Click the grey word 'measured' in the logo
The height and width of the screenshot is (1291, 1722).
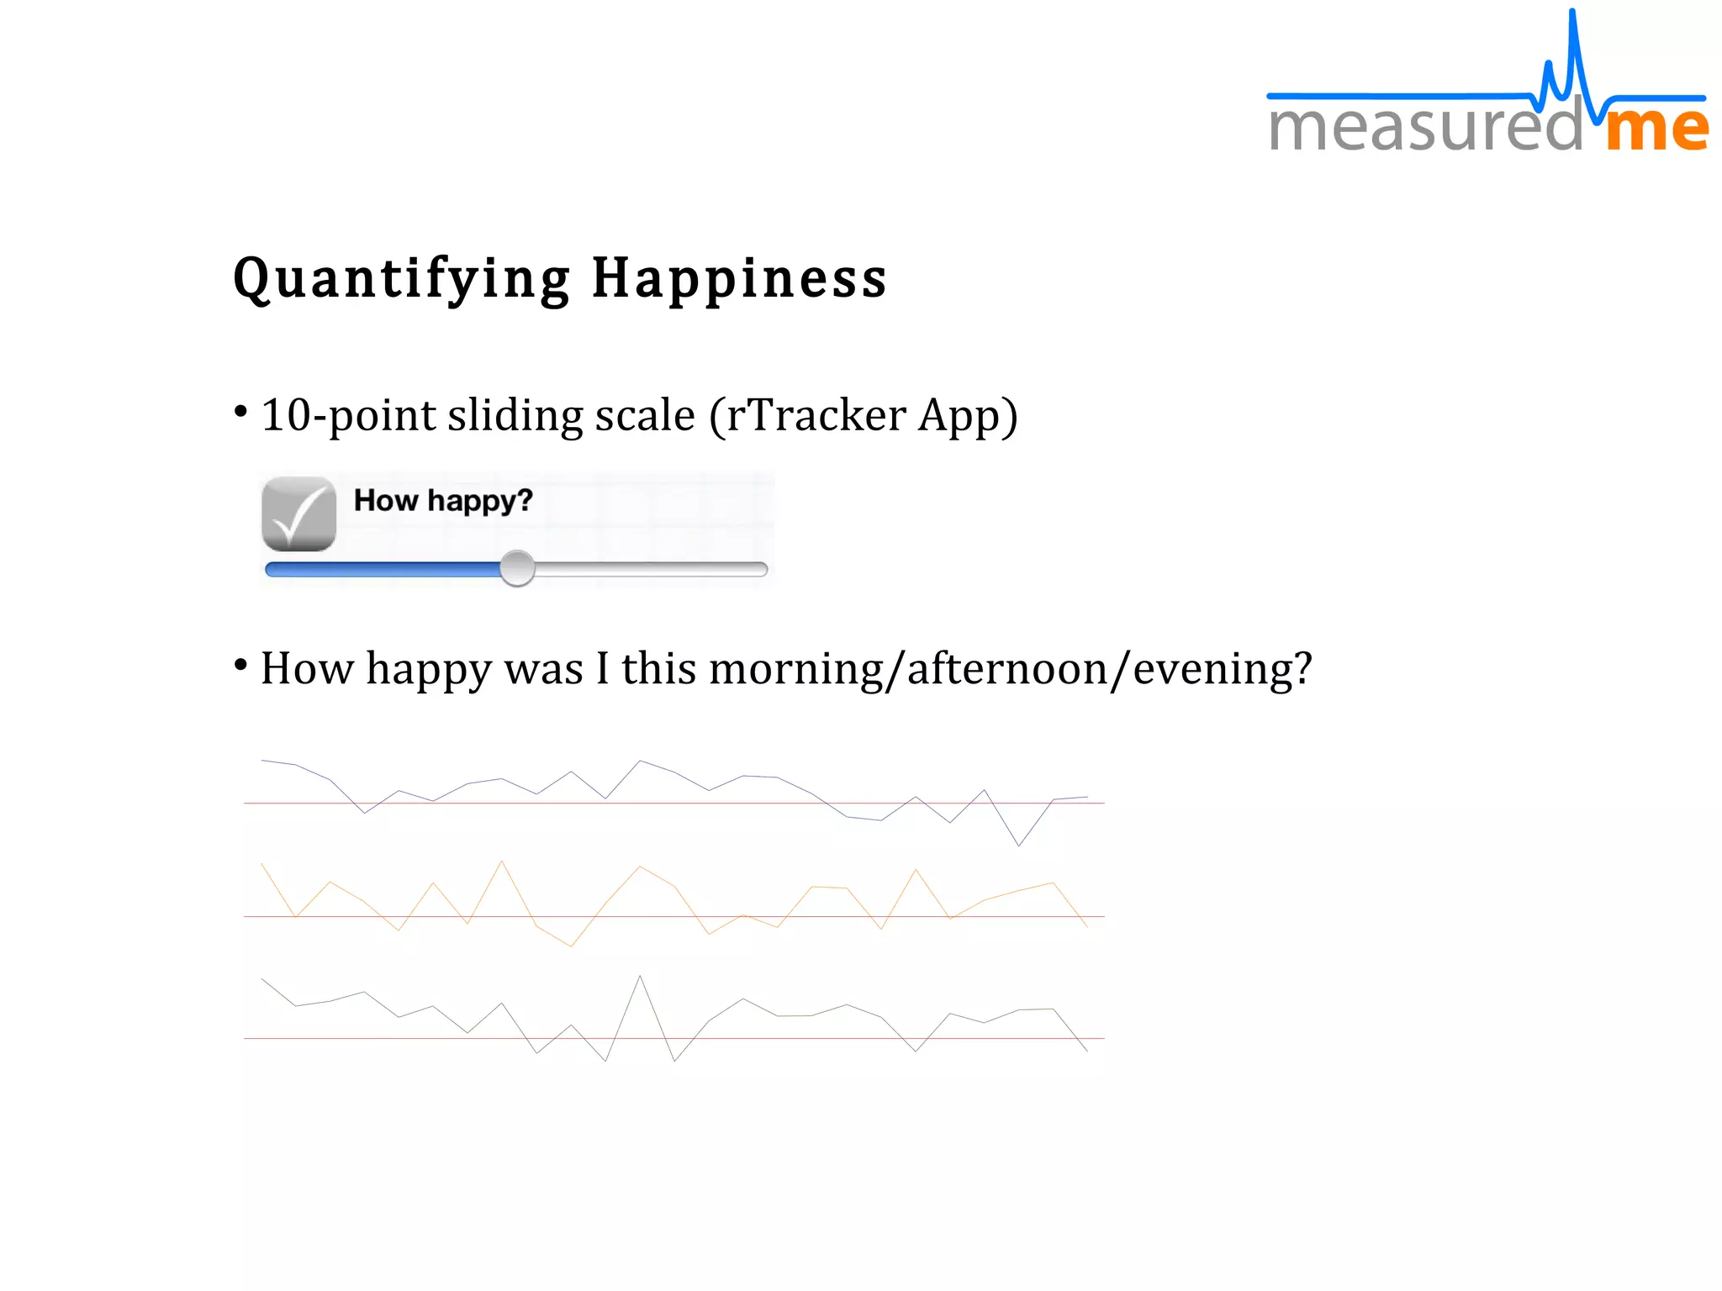coord(1425,128)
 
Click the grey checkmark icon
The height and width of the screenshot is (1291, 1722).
coord(298,514)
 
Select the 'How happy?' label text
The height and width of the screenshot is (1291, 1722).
coord(443,500)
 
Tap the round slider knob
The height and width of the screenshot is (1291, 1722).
coord(517,569)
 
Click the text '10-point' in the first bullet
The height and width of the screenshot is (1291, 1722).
coord(348,415)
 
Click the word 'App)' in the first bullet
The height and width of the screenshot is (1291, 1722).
coord(968,415)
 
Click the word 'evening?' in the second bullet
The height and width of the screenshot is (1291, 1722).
coord(1222,669)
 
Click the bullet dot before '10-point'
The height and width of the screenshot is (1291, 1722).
coord(241,412)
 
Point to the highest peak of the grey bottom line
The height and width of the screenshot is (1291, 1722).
coord(640,977)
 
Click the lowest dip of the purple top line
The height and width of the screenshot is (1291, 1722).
coord(1019,845)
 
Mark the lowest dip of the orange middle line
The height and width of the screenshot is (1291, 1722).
coord(571,946)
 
